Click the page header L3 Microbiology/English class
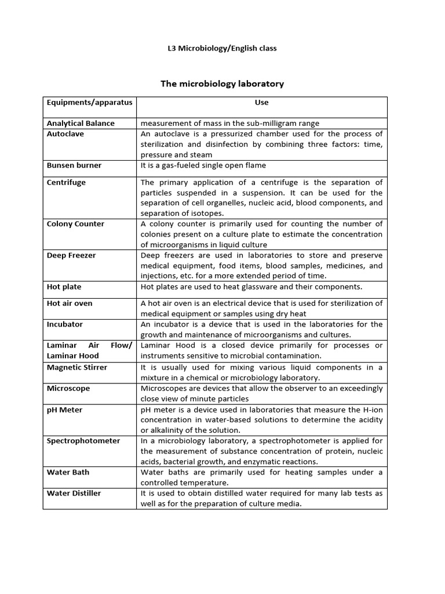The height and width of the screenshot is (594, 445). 222,48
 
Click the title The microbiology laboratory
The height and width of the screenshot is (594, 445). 222,84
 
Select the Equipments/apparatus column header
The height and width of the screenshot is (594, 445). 89,103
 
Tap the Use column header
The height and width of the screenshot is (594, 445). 261,103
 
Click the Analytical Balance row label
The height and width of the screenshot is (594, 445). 81,123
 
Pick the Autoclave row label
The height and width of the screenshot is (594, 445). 65,133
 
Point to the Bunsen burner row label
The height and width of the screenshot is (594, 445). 74,165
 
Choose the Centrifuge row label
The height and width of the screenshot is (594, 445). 66,182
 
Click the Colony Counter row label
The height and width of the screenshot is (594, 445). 75,224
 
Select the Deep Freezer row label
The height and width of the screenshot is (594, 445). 71,255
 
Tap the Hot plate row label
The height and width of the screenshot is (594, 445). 64,287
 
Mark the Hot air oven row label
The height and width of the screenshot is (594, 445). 70,303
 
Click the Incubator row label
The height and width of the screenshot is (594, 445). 65,324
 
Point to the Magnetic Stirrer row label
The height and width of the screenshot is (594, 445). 77,367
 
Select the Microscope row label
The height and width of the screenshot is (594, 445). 68,388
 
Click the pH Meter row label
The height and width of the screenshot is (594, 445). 64,410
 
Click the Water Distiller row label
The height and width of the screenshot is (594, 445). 74,493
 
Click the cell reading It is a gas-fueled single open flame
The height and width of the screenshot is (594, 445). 203,165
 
